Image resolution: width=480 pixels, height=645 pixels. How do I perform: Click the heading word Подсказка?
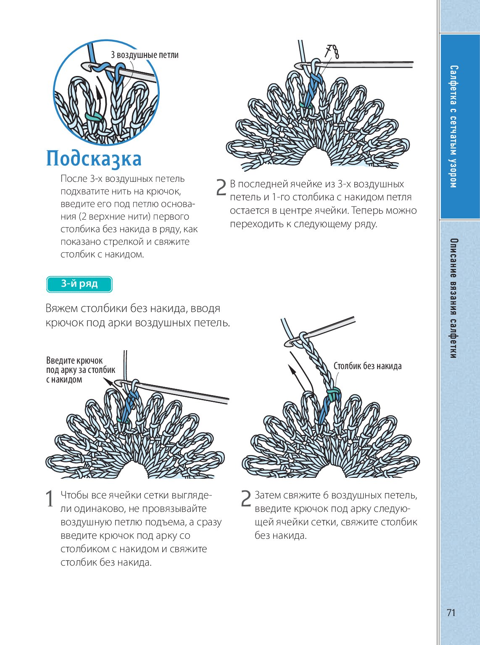tap(94, 159)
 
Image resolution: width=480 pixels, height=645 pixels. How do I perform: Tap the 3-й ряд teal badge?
tap(79, 284)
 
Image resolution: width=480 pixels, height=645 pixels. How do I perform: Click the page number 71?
tap(451, 613)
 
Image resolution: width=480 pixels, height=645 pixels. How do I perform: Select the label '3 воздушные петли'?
tap(145, 55)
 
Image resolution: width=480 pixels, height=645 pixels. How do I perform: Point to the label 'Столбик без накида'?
tap(367, 366)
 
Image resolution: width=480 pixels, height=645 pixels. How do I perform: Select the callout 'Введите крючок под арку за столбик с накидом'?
tap(80, 370)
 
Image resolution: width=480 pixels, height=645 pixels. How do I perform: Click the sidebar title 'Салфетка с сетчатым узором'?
tap(453, 126)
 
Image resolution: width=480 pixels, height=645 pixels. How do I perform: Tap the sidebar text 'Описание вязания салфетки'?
tap(453, 298)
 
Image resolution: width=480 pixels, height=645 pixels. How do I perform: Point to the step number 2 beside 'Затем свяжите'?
tap(246, 498)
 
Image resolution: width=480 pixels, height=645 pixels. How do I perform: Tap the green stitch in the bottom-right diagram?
tap(333, 394)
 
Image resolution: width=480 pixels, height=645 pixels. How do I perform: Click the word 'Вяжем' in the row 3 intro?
tap(61, 309)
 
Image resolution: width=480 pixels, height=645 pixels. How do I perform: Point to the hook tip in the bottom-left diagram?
tap(118, 383)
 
